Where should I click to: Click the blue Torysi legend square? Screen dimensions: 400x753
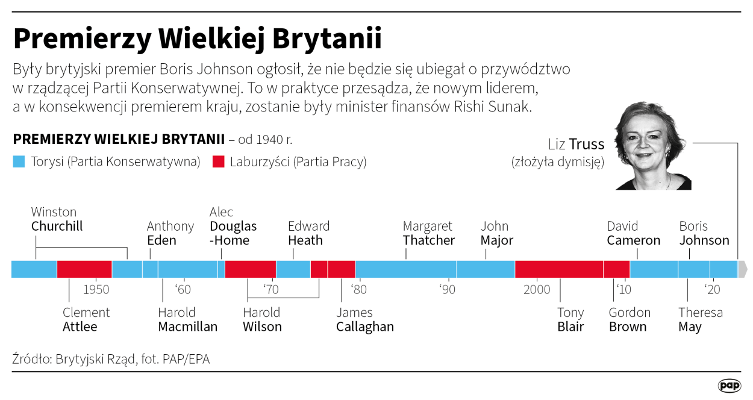point(19,161)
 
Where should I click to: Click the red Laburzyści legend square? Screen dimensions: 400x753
point(219,161)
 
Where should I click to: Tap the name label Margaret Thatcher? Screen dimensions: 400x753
point(428,233)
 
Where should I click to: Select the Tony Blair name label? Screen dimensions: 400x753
point(570,320)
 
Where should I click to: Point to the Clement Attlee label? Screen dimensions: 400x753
point(86,320)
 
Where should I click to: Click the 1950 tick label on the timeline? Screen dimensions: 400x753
point(96,290)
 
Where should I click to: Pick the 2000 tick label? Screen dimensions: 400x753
point(537,290)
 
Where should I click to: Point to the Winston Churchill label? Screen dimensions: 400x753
point(57,219)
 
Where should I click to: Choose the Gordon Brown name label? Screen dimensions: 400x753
point(630,320)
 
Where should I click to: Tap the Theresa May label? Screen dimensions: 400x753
point(700,320)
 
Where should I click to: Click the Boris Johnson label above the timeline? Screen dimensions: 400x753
point(704,233)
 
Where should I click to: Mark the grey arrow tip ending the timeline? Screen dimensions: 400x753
point(743,269)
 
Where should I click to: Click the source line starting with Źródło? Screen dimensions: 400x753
point(111,359)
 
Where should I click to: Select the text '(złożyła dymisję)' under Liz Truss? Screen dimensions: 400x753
point(557,162)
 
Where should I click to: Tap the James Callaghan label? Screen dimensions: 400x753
point(364,320)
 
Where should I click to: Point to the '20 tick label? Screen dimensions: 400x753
point(713,290)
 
